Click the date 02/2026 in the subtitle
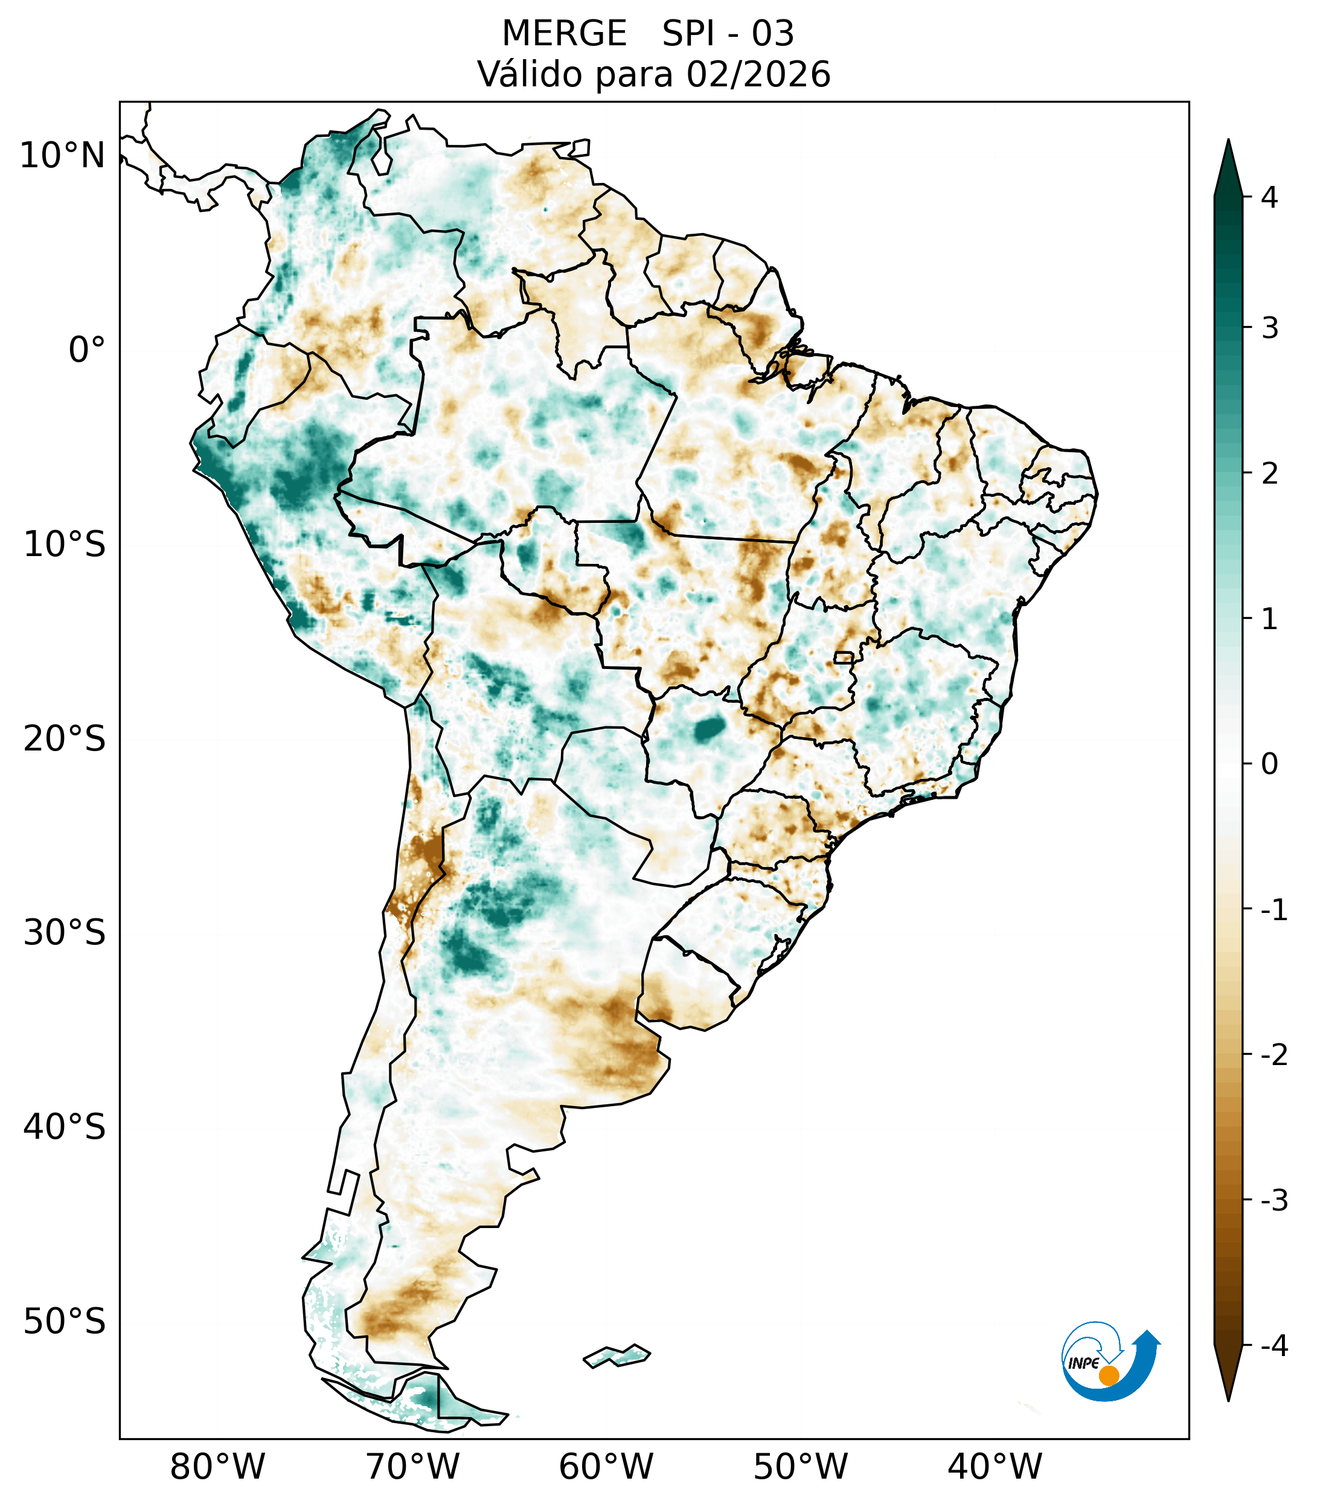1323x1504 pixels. coord(758,74)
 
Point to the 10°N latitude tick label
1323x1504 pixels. coord(63,156)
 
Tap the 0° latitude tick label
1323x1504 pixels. coord(87,350)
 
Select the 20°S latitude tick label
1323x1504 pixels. coord(65,739)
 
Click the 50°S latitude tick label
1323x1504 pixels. coord(65,1322)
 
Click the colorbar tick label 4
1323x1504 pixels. coord(1269,197)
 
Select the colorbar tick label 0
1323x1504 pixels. coord(1269,764)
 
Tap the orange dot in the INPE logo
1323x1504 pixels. coord(1108,1375)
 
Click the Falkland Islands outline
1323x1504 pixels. coord(617,1355)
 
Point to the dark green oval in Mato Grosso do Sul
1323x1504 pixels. coord(710,729)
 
